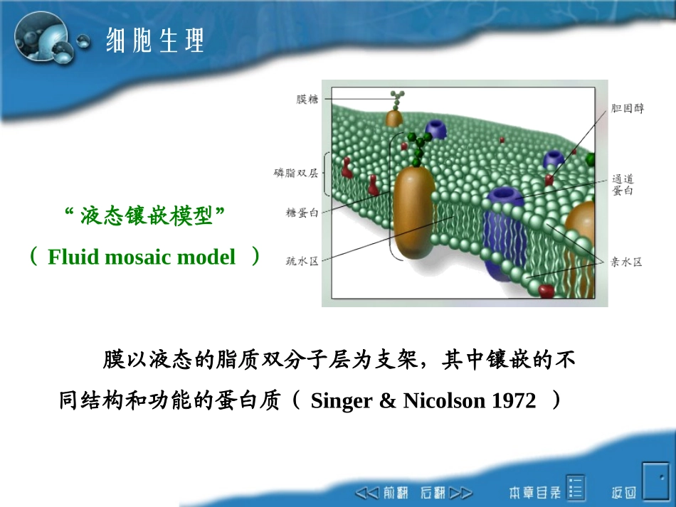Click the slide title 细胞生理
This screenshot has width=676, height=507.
pos(154,40)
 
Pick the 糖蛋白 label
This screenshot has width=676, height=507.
pos(302,212)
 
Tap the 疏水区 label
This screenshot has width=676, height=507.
pos(302,261)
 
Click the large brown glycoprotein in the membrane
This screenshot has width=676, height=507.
pos(413,213)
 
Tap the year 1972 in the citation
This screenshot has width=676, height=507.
pos(513,401)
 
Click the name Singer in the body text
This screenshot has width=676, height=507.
pos(341,401)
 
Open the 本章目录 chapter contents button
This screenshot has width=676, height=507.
pos(546,491)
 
